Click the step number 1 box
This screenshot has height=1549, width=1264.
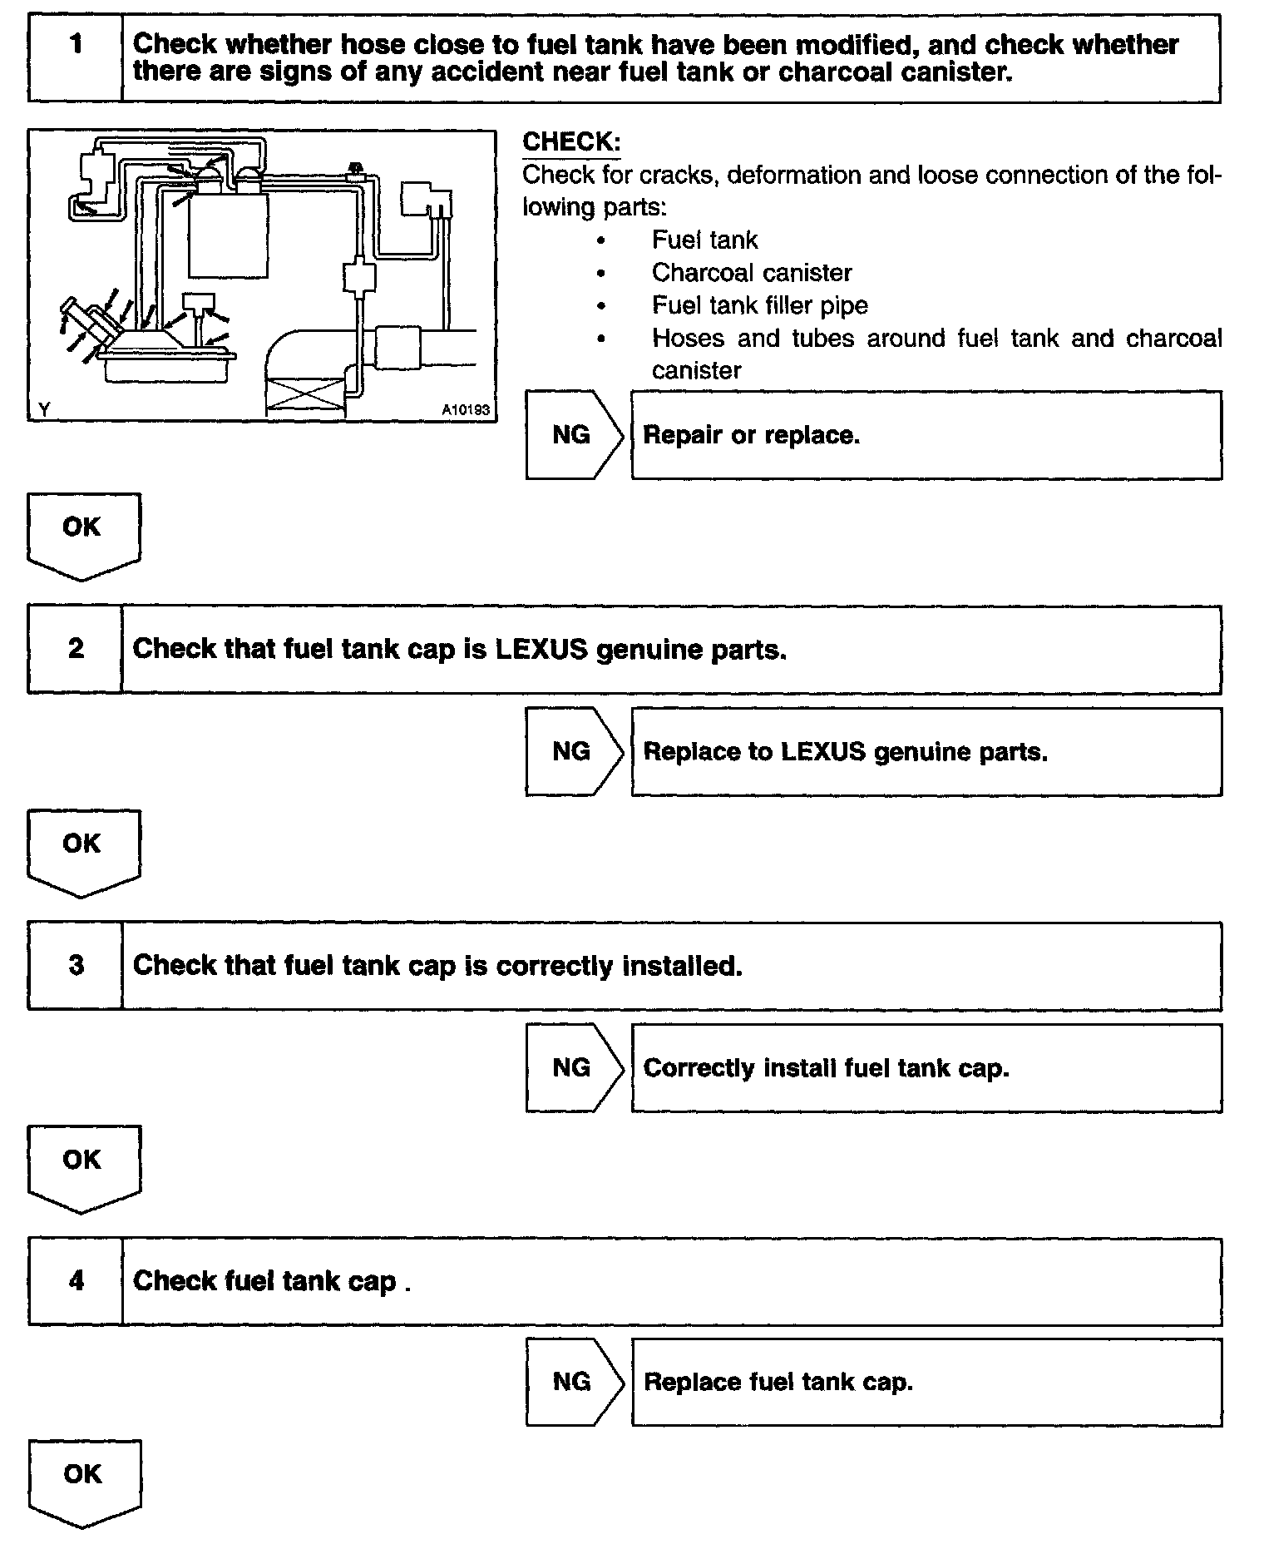(x=75, y=58)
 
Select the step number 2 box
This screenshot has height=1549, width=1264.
(x=75, y=649)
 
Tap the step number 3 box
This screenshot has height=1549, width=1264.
(x=75, y=965)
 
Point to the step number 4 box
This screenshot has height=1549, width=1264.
(x=75, y=1280)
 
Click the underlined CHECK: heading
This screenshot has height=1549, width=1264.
(x=571, y=142)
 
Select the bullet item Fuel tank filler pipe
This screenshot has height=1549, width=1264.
(x=759, y=305)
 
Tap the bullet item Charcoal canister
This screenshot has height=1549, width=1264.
(x=752, y=273)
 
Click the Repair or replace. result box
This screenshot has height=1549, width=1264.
(x=926, y=435)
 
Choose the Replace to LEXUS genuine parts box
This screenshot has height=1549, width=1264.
(x=926, y=752)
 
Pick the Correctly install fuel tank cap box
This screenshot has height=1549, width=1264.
(x=926, y=1068)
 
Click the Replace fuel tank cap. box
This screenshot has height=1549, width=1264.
(x=926, y=1382)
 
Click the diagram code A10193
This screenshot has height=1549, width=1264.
(x=466, y=410)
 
